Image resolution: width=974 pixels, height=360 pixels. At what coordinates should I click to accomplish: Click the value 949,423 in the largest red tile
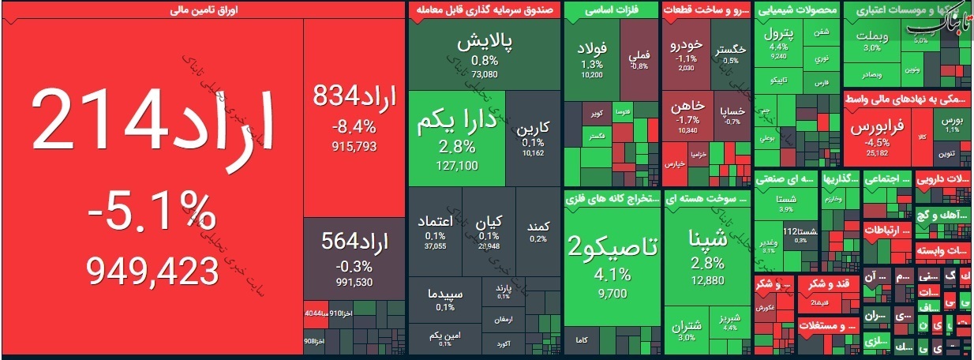152,272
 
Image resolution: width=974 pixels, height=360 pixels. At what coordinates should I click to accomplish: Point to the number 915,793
354,146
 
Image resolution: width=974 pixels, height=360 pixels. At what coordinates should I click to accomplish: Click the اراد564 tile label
354,242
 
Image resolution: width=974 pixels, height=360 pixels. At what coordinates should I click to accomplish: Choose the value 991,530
354,282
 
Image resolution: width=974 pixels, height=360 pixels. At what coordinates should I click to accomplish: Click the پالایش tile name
485,43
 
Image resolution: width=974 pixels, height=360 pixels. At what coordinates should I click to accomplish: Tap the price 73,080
485,74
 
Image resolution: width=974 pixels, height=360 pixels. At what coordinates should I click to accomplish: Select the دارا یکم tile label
457,123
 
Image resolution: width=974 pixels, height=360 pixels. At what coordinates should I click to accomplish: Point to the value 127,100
457,165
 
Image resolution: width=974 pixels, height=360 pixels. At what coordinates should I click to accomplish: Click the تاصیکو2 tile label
612,248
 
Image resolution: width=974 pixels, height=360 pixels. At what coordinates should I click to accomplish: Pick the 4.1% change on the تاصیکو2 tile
612,275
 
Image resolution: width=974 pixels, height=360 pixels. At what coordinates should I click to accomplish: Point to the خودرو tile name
686,46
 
